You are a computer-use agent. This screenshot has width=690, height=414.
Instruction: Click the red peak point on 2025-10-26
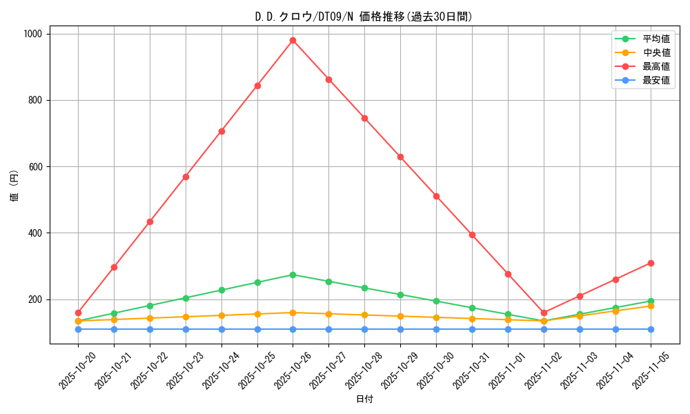click(x=293, y=40)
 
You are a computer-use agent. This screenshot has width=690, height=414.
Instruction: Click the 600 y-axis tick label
click(x=34, y=166)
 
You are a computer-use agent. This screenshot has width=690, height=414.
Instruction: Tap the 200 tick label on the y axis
click(x=34, y=299)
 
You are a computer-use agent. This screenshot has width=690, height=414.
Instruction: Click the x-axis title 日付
click(x=364, y=400)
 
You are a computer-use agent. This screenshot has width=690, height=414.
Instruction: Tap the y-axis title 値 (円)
click(x=14, y=186)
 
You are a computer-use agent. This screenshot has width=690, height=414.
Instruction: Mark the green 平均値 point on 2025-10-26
click(x=293, y=275)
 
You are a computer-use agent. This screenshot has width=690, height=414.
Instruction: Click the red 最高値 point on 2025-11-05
click(x=651, y=263)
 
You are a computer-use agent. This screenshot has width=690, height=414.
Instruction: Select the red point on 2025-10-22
click(x=150, y=221)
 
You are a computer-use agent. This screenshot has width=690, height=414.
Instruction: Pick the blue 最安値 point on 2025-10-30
click(x=436, y=329)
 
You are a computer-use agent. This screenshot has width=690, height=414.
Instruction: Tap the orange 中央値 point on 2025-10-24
click(x=221, y=315)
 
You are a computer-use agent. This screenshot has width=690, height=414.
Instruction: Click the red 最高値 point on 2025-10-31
click(x=472, y=235)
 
